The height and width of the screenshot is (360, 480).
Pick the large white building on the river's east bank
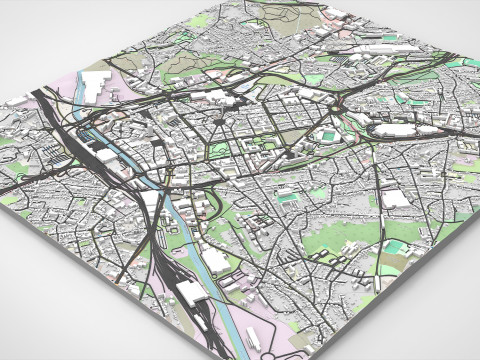[x=215, y=261]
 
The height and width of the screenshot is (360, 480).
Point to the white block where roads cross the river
[x=150, y=199]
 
